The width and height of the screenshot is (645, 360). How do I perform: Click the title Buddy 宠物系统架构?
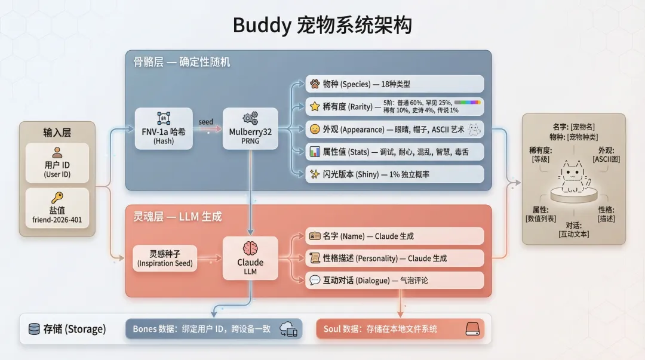coord(322,26)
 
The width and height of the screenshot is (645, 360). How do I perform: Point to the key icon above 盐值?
coord(57,198)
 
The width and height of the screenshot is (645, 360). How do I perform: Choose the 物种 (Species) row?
coord(394,84)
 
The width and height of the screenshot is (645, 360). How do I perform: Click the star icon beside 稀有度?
coord(315,107)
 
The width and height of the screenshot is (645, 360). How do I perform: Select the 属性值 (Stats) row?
coord(394,152)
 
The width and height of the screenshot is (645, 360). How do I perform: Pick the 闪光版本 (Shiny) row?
coord(394,174)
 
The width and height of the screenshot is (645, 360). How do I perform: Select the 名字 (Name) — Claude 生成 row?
coord(394,236)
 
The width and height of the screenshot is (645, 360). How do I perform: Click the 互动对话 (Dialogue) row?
coord(394,280)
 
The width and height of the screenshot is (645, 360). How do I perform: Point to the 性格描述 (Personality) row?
coord(394,258)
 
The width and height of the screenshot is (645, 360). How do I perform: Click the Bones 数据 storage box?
coord(213,329)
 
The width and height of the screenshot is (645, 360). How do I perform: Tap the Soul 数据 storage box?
coord(400,329)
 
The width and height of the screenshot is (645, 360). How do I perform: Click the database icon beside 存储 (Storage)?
coord(34,329)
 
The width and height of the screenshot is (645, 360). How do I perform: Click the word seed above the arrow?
coord(206,122)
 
